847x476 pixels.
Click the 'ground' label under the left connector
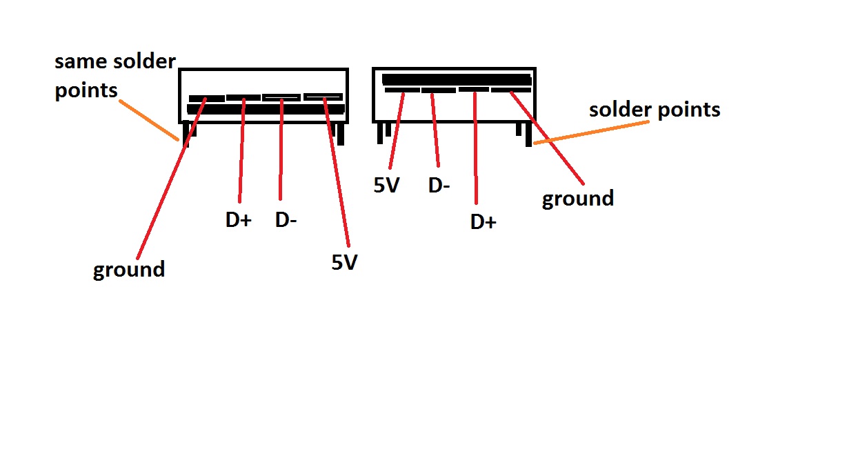tap(129, 270)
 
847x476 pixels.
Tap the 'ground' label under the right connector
tap(578, 199)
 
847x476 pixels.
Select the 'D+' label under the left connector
tap(238, 219)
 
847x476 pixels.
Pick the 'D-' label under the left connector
tap(286, 219)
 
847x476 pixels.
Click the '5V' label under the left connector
tap(344, 262)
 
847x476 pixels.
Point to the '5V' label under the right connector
tap(386, 186)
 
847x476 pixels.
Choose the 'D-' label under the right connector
tap(439, 186)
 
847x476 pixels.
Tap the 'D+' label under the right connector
tap(484, 221)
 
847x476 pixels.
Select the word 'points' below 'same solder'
tap(86, 91)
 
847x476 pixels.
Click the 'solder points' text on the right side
tap(655, 110)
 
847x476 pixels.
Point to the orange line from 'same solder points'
tap(148, 120)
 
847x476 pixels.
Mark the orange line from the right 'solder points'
tap(591, 132)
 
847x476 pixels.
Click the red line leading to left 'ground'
tap(171, 179)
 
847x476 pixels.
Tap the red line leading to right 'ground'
tap(547, 138)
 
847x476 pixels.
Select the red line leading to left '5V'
tap(337, 172)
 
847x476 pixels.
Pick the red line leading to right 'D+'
tap(475, 148)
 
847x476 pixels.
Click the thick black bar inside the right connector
tap(457, 80)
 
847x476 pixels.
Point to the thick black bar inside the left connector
tap(266, 109)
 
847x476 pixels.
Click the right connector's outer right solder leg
tap(528, 135)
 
